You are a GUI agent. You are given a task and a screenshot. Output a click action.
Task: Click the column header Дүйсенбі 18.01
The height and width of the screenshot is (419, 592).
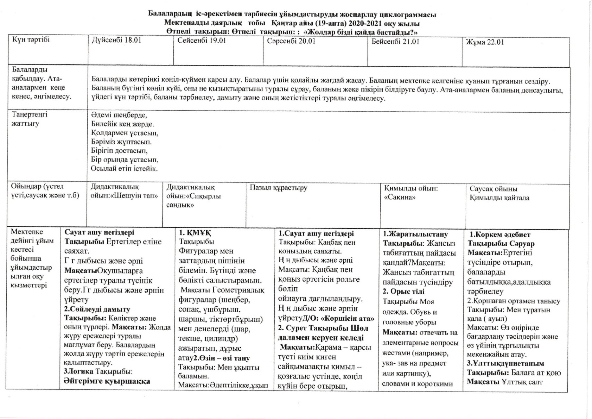click(116, 40)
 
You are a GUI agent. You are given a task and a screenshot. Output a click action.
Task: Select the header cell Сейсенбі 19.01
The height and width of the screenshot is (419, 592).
click(202, 40)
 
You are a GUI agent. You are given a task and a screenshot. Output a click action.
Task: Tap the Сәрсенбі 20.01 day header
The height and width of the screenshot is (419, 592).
click(291, 41)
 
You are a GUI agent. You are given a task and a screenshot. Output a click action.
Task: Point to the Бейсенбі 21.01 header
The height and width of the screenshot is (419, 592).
click(395, 42)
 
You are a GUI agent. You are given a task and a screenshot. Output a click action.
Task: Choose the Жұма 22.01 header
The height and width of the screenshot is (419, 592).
click(485, 42)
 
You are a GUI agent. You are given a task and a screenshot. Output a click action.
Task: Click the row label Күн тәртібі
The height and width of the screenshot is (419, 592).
click(31, 39)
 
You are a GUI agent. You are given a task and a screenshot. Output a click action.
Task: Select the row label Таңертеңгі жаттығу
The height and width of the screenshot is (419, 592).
click(30, 119)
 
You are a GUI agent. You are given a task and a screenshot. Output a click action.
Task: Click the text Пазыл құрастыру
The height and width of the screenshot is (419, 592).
click(279, 188)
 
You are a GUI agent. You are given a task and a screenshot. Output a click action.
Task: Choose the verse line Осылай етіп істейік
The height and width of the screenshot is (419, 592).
click(124, 169)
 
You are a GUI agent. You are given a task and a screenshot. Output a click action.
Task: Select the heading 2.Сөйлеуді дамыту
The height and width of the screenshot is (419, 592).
click(97, 309)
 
